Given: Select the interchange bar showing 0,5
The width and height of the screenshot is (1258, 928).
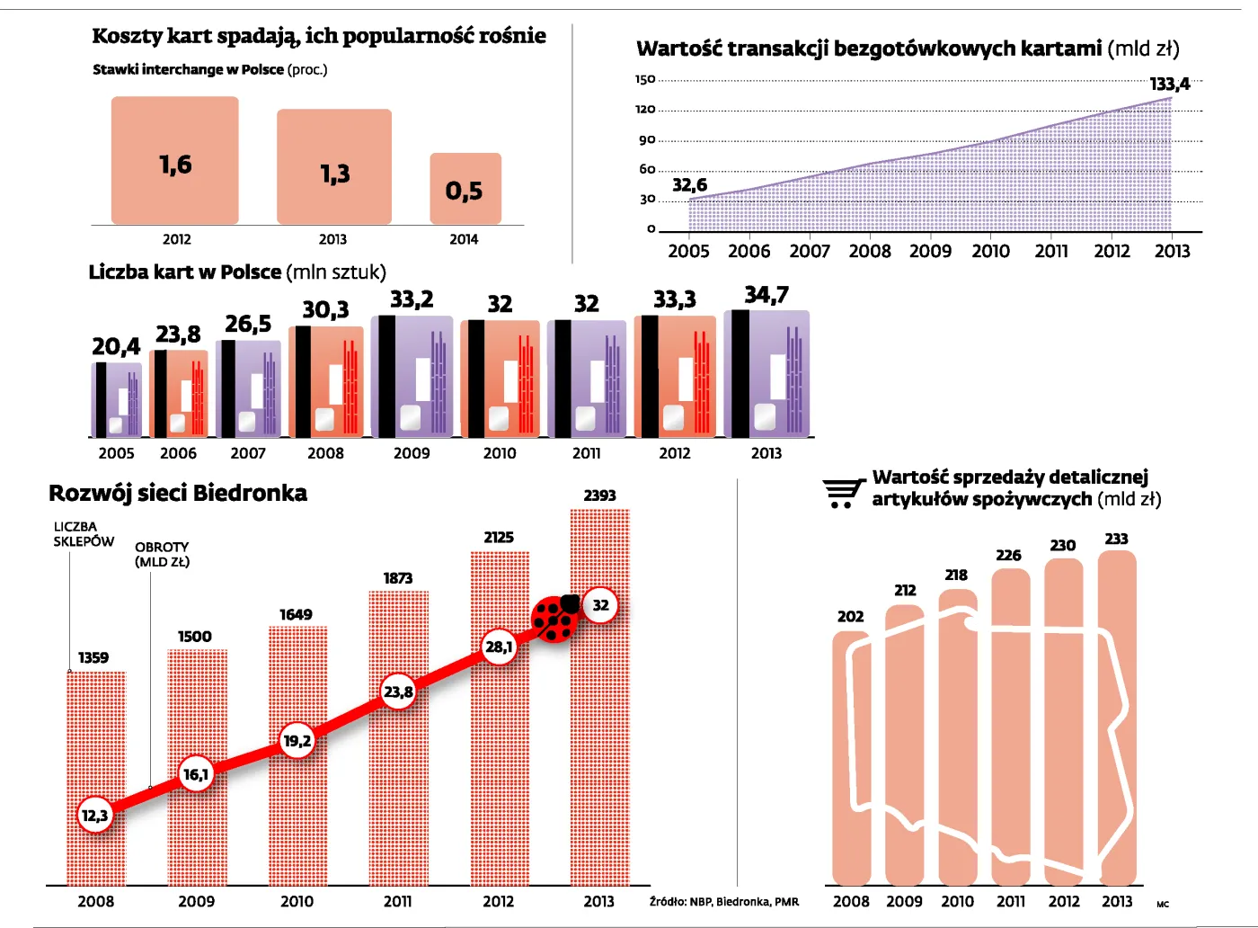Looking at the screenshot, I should [465, 189].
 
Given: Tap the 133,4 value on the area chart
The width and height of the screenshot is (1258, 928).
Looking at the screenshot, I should [1169, 85].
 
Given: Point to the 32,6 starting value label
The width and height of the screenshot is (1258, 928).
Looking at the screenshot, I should [689, 185].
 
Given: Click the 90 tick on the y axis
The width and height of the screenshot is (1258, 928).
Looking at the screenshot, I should [647, 140].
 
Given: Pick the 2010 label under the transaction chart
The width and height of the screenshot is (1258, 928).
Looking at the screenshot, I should [990, 252].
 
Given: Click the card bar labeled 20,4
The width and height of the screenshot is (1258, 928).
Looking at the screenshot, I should [116, 399].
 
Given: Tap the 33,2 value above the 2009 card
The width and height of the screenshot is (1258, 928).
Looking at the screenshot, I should [412, 299].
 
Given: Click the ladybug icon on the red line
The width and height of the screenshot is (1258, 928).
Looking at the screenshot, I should [556, 619].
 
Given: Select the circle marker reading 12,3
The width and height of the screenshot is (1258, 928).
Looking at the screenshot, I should [94, 816].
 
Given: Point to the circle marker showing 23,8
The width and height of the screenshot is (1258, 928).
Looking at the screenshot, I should [398, 692].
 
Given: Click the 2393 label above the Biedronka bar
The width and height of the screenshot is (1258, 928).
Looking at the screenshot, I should [599, 495].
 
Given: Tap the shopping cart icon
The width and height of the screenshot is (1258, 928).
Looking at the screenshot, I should [843, 493].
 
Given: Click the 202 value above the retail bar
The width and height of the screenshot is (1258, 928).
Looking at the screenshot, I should [850, 617].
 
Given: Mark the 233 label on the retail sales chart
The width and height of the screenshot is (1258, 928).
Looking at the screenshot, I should [1116, 539].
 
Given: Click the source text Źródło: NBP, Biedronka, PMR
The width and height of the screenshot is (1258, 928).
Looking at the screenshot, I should [723, 902].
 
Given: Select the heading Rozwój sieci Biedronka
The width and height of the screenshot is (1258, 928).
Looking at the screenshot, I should [178, 493].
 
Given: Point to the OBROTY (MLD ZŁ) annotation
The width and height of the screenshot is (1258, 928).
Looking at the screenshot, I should [162, 554].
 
